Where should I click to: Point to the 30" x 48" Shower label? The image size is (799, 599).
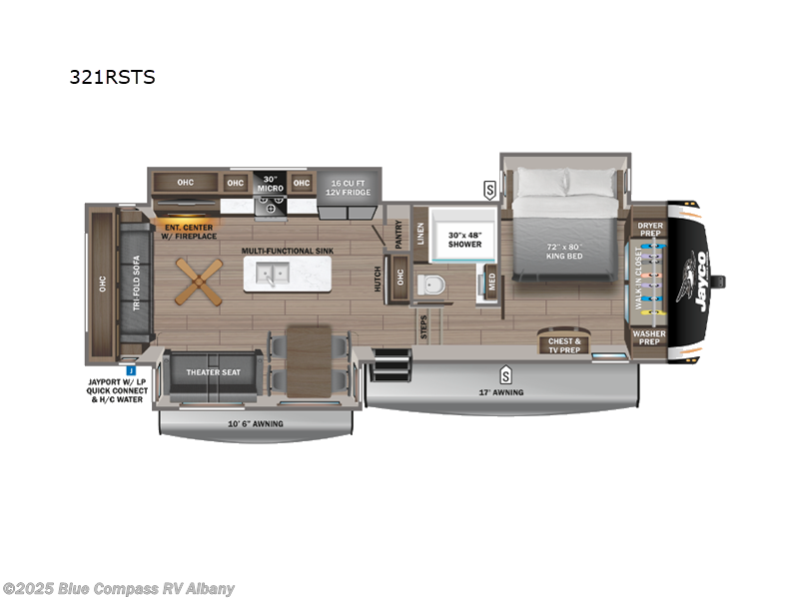point(464,239)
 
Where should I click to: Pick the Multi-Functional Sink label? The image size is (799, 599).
point(284,251)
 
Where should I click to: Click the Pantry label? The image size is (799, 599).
point(398,234)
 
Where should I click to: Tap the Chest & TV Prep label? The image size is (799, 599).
point(564,345)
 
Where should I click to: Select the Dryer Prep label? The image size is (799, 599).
point(649,231)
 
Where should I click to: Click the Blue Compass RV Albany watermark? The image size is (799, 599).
point(119,588)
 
